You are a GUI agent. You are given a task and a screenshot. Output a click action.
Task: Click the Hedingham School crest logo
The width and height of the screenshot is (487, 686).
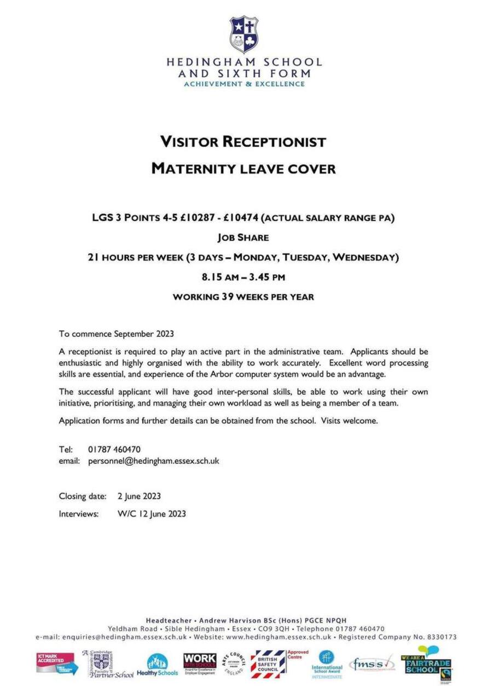pyautogui.click(x=243, y=34)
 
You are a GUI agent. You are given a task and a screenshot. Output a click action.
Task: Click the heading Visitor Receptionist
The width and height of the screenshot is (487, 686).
pyautogui.click(x=243, y=142)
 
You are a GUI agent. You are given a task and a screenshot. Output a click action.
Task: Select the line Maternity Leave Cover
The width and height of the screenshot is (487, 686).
pyautogui.click(x=243, y=169)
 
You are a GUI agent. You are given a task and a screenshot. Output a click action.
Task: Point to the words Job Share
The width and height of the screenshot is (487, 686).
pyautogui.click(x=243, y=238)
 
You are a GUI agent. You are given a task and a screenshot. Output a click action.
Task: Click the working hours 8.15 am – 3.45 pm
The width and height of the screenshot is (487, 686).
pyautogui.click(x=243, y=277)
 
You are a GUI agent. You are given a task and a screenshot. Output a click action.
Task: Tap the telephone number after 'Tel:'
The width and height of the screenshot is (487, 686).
pyautogui.click(x=114, y=449)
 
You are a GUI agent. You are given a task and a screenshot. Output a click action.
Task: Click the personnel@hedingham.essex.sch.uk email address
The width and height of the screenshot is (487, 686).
pyautogui.click(x=153, y=461)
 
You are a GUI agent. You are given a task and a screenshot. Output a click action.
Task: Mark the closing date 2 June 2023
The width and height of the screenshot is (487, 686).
pyautogui.click(x=139, y=496)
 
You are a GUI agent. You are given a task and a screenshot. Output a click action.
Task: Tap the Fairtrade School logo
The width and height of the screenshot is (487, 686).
pyautogui.click(x=427, y=663)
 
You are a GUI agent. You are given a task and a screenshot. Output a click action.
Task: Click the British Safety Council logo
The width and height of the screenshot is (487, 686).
pyautogui.click(x=268, y=664)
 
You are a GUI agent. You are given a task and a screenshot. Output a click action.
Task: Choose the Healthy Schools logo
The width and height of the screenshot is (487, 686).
pyautogui.click(x=158, y=665)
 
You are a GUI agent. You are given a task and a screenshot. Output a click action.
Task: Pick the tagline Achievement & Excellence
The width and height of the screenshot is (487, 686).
pyautogui.click(x=244, y=84)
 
